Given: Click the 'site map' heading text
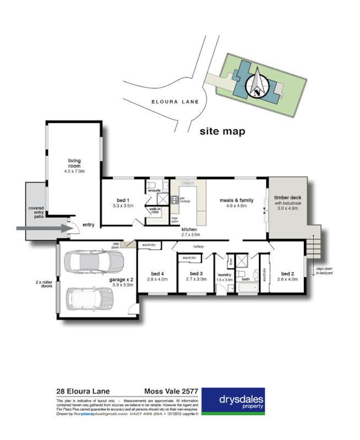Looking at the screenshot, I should pos(222,132).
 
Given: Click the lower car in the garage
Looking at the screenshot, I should pos(90,299).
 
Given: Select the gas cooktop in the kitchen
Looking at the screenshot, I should pos(175,201).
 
